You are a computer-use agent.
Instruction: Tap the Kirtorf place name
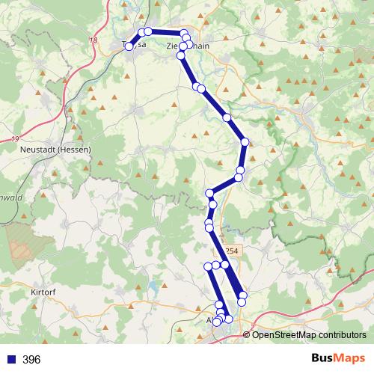(x=45, y=291)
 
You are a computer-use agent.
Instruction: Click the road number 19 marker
(x=15, y=138)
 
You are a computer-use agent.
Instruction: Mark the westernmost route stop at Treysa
(x=129, y=47)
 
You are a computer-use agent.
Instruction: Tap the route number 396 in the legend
(x=31, y=360)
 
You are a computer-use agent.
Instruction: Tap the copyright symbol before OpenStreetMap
(x=247, y=334)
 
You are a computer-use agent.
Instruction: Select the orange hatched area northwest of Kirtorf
(x=30, y=243)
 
